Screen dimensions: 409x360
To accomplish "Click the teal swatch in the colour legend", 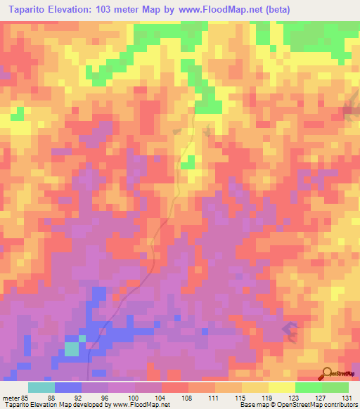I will (41, 387).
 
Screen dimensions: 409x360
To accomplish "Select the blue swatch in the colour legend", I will (68, 387).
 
